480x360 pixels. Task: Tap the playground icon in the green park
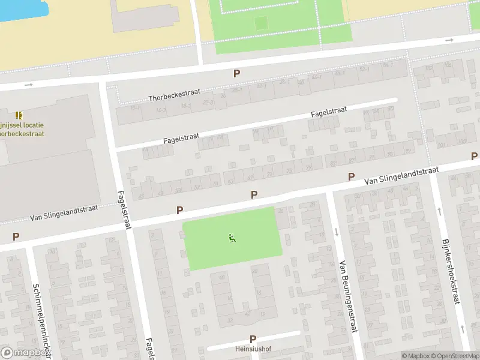232,238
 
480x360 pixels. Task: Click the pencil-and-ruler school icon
19,114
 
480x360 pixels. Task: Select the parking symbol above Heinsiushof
253,339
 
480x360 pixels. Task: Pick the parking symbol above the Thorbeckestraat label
237,74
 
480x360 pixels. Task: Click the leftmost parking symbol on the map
16,237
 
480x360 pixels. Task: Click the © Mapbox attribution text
416,356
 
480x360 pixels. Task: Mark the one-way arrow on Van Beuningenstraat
336,232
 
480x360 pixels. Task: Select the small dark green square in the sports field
260,23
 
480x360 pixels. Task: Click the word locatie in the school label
32,125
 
